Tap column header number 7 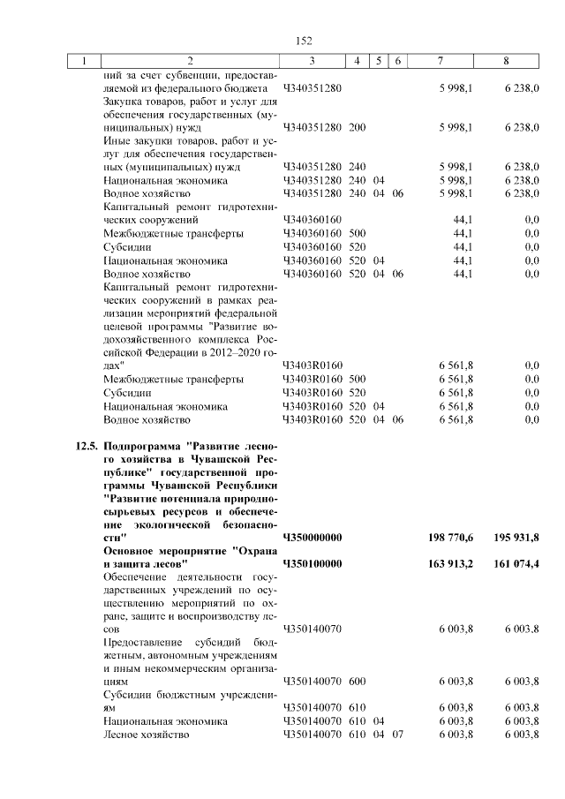[x=440, y=61]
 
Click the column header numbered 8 [x=506, y=61]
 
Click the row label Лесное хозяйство [x=147, y=735]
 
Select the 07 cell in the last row [x=396, y=735]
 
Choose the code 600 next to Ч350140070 [x=357, y=682]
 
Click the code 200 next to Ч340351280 [x=357, y=127]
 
